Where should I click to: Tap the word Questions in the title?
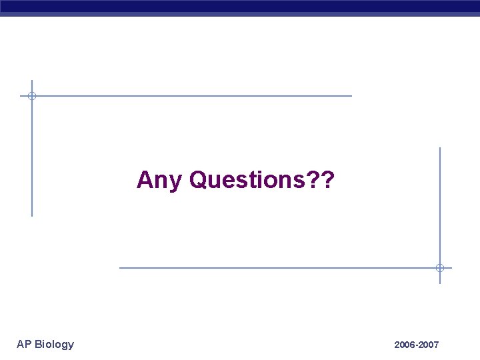pyautogui.click(x=245, y=179)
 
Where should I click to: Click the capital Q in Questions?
pyautogui.click(x=199, y=179)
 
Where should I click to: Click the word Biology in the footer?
pyautogui.click(x=55, y=344)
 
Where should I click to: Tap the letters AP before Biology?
pyautogui.click(x=24, y=344)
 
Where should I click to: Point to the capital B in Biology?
pyautogui.click(x=38, y=344)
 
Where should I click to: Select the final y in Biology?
pyautogui.click(x=71, y=345)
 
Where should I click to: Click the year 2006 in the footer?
pyautogui.click(x=405, y=345)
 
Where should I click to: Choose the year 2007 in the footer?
pyautogui.click(x=428, y=345)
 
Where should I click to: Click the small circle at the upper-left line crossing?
pyautogui.click(x=31, y=96)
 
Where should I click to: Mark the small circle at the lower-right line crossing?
pyautogui.click(x=439, y=268)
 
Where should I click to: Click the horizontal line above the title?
pyautogui.click(x=200, y=96)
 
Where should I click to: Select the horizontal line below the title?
pyautogui.click(x=267, y=268)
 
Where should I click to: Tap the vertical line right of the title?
pyautogui.click(x=439, y=200)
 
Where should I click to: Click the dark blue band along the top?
pyautogui.click(x=240, y=7)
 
